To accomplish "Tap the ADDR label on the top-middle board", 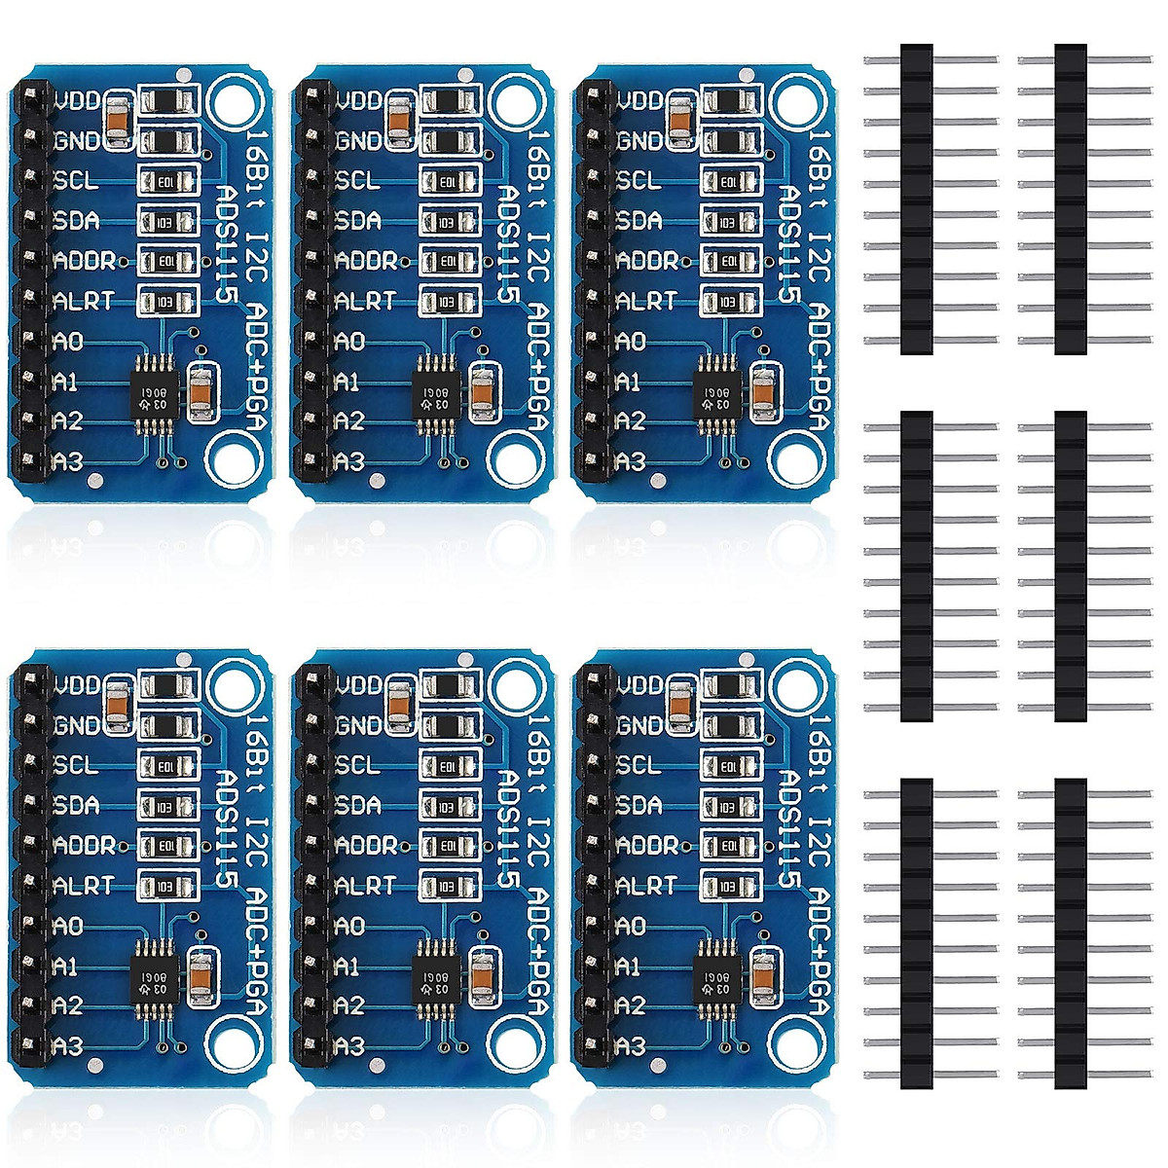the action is [365, 261].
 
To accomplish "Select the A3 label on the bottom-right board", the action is [630, 1046].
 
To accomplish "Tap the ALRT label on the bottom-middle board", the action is [364, 886].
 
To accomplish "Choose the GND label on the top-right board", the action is [639, 141].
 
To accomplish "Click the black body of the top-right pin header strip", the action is [1071, 200].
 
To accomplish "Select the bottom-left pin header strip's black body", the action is [916, 933].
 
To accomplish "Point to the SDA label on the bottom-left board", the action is [77, 806].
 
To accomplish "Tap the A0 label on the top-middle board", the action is [349, 342].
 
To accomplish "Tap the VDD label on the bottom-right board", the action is [639, 685].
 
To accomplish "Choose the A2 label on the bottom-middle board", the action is [349, 1004].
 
